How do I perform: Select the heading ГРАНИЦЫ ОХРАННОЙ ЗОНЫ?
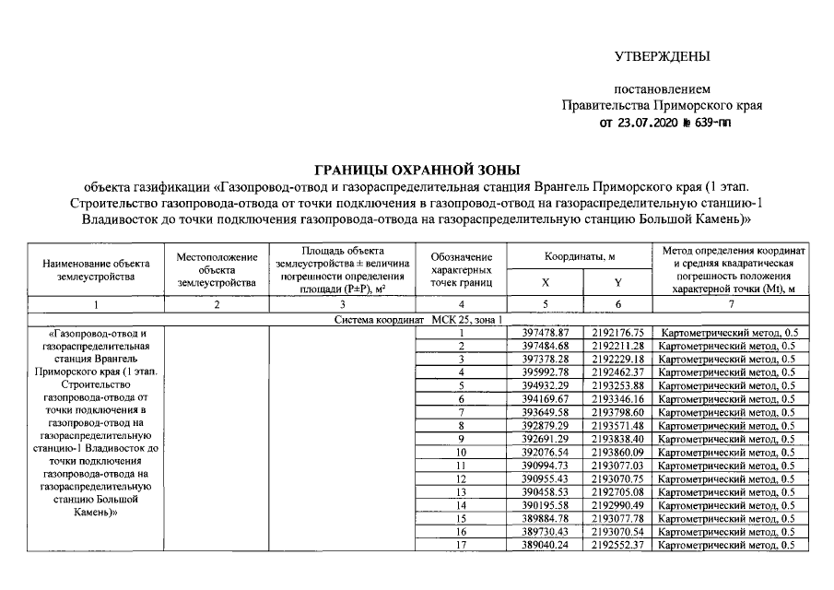[x=417, y=170]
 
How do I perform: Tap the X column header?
[x=545, y=281]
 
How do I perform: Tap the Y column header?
[x=617, y=281]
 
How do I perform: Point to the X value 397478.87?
[x=546, y=332]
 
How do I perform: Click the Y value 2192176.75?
[x=617, y=332]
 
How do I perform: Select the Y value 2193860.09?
[x=617, y=453]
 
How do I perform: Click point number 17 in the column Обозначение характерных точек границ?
[x=460, y=546]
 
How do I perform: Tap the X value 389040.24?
[x=546, y=546]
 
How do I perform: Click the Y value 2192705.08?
[x=617, y=493]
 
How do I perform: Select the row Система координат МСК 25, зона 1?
[x=417, y=318]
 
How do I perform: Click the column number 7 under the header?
[x=731, y=303]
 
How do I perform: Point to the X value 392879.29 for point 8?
[x=546, y=426]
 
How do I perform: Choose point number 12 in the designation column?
[x=460, y=479]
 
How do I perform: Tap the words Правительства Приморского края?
[x=662, y=106]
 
